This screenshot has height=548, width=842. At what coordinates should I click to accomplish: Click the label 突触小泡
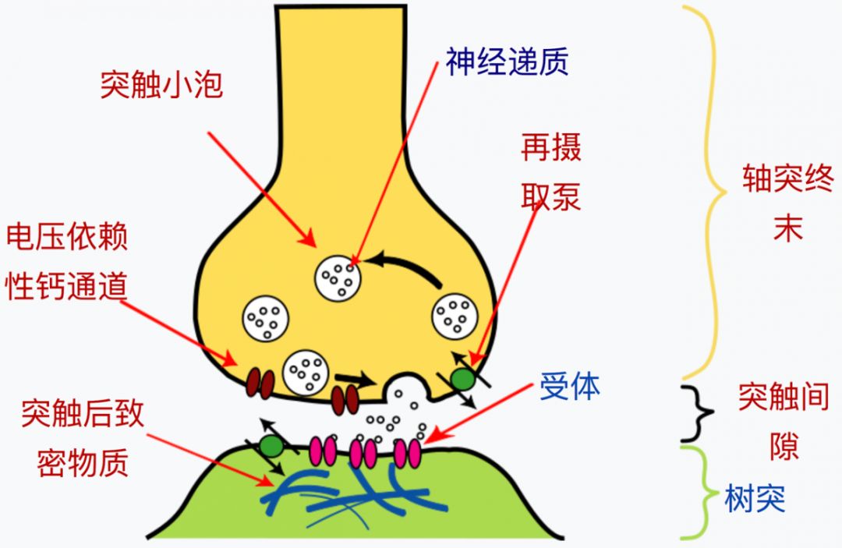coord(161,84)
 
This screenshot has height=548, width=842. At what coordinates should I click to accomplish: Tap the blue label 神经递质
coord(507,60)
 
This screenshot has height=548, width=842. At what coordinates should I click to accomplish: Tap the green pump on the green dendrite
coord(271,447)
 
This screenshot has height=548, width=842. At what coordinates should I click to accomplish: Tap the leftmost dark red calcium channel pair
coord(260,383)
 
